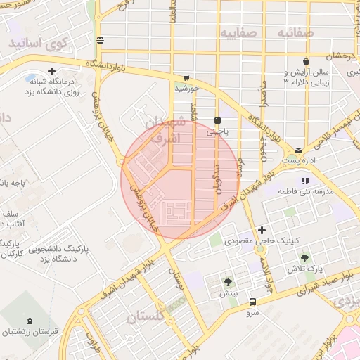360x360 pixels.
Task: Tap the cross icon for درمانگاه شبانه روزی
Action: pyautogui.click(x=52, y=71)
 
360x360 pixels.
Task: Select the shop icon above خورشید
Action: pyautogui.click(x=186, y=78)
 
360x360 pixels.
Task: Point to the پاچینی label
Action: pyautogui.click(x=217, y=131)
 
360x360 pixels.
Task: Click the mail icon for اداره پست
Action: pyautogui.click(x=299, y=150)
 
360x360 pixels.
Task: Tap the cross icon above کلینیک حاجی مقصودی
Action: pyautogui.click(x=262, y=230)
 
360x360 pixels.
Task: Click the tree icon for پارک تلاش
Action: pyautogui.click(x=304, y=258)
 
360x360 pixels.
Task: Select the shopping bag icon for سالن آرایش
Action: pyautogui.click(x=305, y=61)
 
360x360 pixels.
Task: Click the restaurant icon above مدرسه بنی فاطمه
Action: pyautogui.click(x=304, y=181)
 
